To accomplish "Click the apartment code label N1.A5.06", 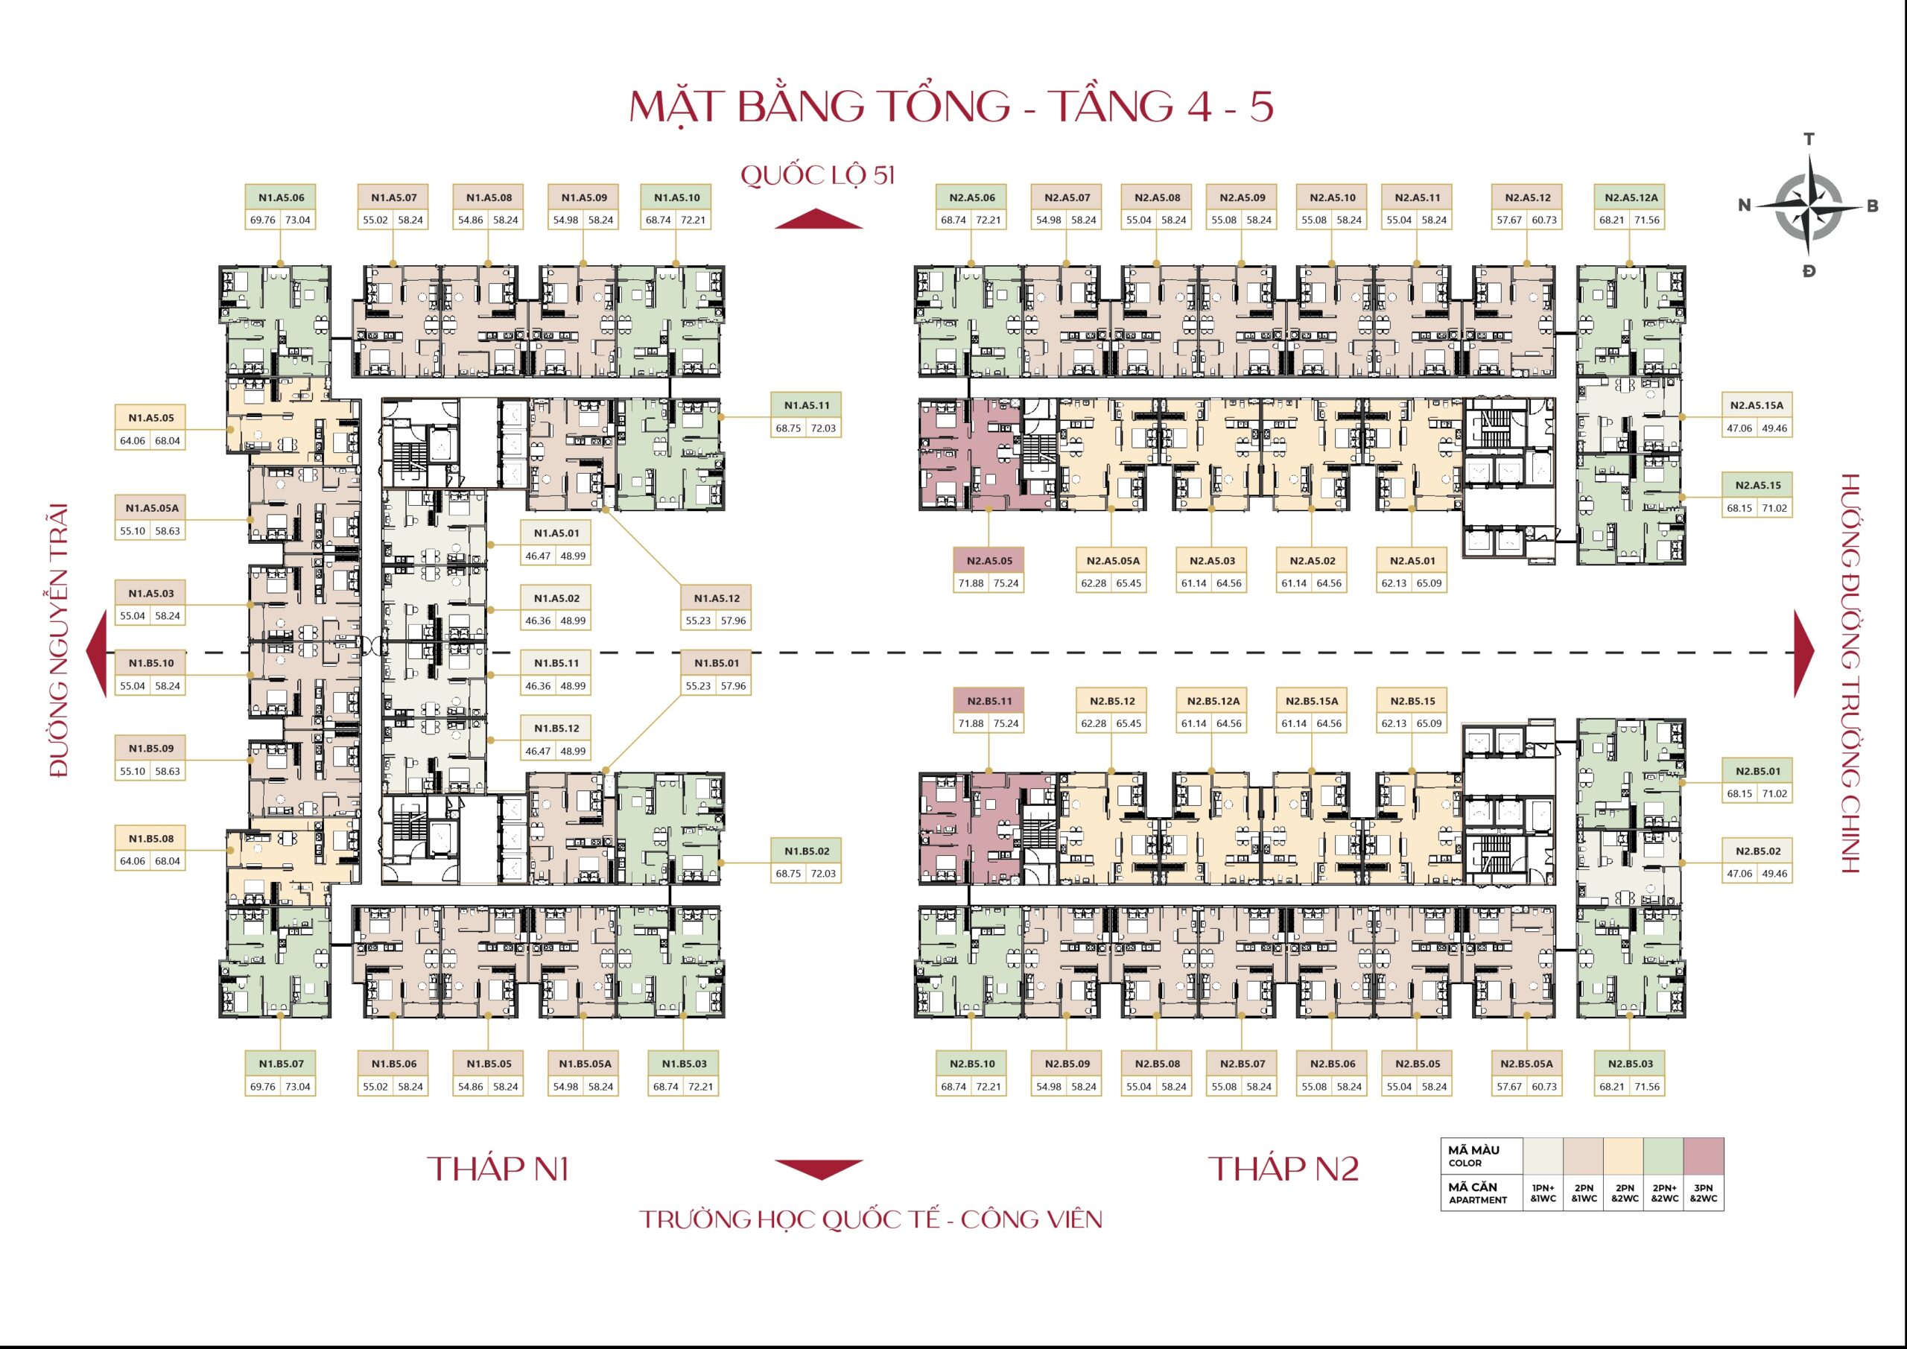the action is (x=281, y=197).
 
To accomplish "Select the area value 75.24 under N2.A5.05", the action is (x=1006, y=583).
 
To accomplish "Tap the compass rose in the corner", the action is (x=1808, y=204).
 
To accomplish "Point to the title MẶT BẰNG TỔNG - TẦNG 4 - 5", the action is (x=952, y=107).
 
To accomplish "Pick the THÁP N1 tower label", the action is (x=498, y=1169).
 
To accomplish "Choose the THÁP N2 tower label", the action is (x=1284, y=1169).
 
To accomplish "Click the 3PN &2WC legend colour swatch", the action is (x=1704, y=1155).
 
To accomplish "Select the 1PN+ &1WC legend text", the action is (x=1543, y=1193).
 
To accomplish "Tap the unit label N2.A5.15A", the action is (x=1757, y=405).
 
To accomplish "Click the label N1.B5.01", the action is (x=716, y=663).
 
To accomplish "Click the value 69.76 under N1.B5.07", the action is (x=262, y=1087).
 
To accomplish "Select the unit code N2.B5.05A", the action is (x=1526, y=1063).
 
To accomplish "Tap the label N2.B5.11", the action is (x=989, y=701).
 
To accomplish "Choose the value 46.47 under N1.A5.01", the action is (x=539, y=556).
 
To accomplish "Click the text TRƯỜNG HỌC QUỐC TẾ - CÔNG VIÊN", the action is (x=871, y=1219).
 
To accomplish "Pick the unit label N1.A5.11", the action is (x=807, y=405).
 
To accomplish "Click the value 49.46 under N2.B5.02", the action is (x=1774, y=874).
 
